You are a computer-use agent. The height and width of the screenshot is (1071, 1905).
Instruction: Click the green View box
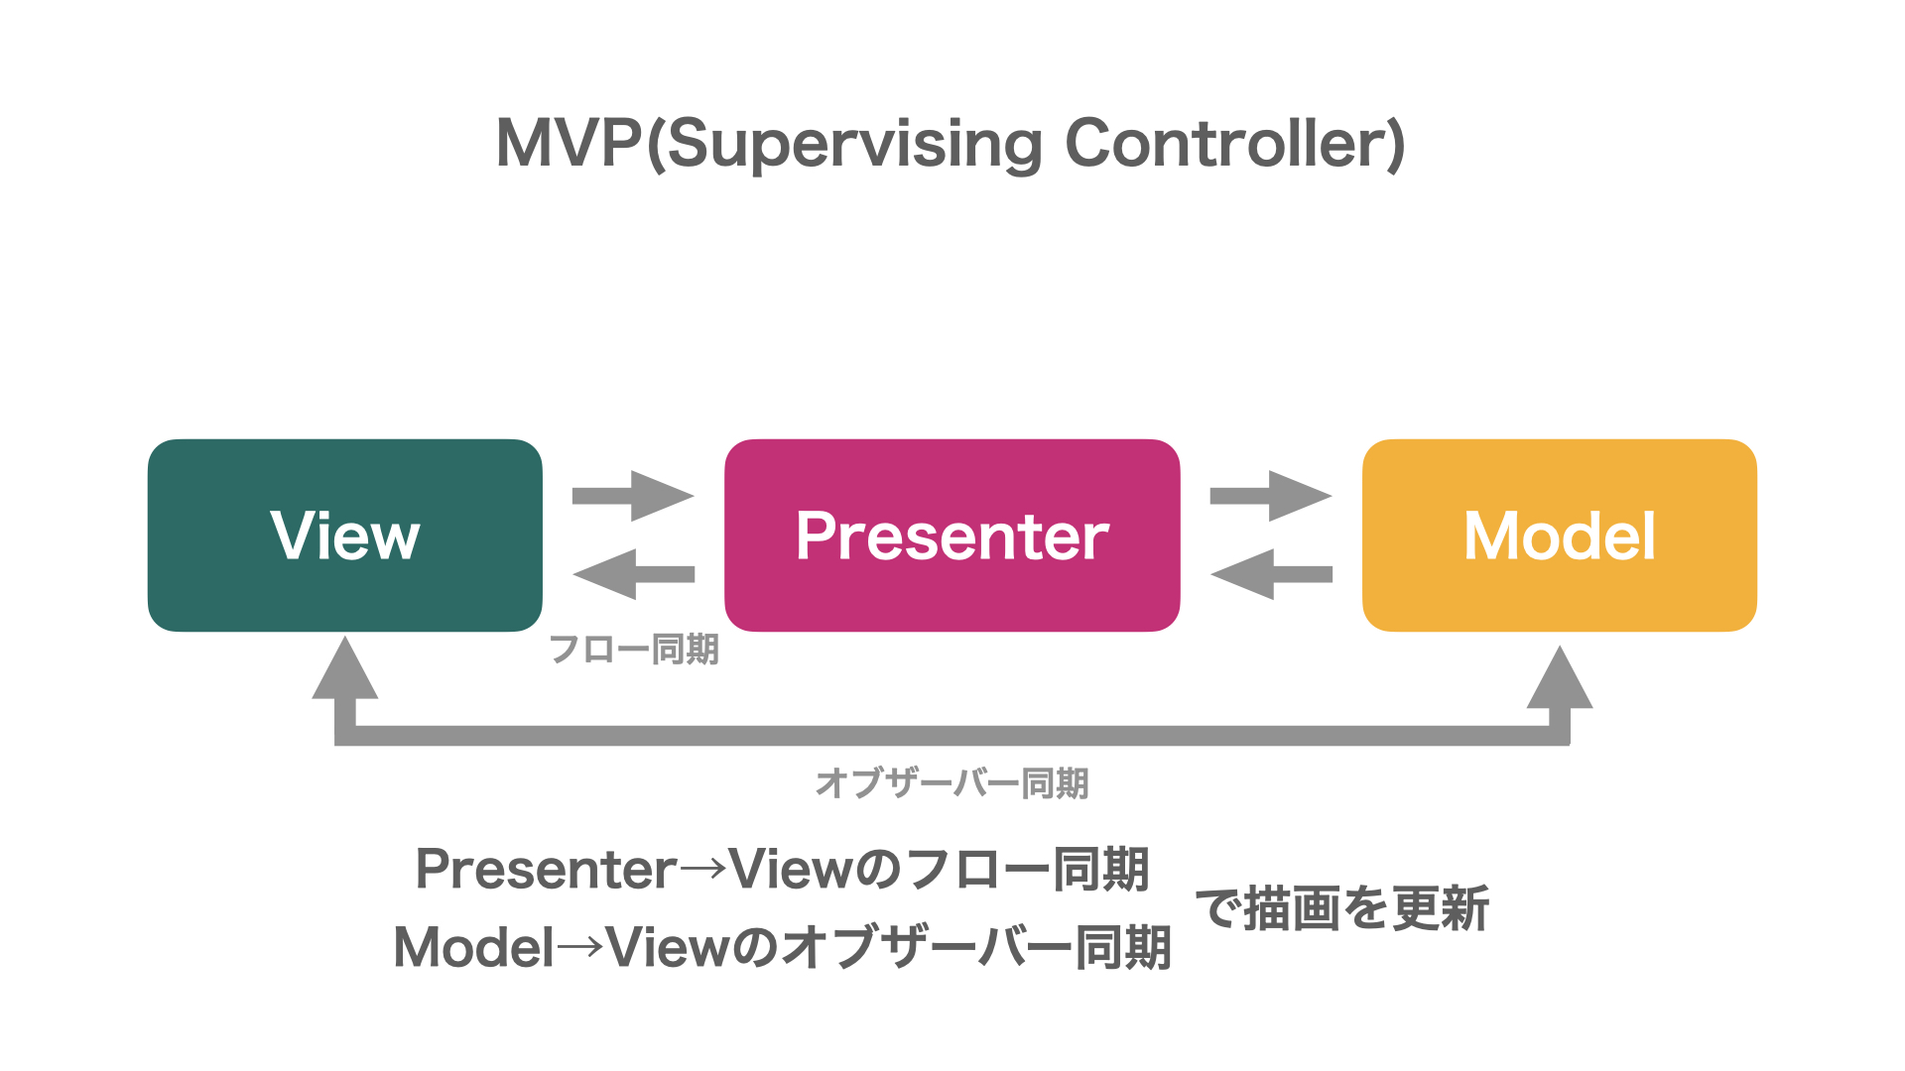click(x=345, y=535)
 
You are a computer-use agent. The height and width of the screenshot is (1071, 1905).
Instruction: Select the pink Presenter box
click(x=952, y=535)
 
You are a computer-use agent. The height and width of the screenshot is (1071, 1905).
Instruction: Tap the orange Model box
click(x=1560, y=535)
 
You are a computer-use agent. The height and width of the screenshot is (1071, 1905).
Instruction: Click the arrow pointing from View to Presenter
click(x=633, y=496)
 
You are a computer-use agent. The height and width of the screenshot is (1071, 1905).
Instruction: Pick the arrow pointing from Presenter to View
click(x=633, y=574)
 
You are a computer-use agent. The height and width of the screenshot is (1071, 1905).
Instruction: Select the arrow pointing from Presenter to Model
click(x=1271, y=496)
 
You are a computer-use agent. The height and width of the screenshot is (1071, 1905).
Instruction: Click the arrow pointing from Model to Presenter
click(x=1271, y=574)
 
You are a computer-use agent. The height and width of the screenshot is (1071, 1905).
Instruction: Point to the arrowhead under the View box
click(x=345, y=668)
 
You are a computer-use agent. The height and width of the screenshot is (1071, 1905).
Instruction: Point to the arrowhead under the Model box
click(x=1560, y=677)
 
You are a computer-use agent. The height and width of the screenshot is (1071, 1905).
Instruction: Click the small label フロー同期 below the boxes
click(x=634, y=650)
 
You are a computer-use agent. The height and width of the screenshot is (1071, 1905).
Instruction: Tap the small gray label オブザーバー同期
click(x=952, y=783)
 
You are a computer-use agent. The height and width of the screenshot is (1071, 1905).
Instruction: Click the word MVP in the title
click(x=570, y=144)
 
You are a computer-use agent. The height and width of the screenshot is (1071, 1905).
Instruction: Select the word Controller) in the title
click(x=1235, y=145)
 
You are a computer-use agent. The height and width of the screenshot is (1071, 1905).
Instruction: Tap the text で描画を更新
click(x=1342, y=908)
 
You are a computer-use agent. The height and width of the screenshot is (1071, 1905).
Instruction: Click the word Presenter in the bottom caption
click(x=547, y=870)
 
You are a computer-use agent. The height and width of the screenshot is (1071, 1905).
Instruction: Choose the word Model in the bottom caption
click(x=474, y=947)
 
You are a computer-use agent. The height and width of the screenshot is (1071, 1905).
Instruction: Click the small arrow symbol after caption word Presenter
click(x=703, y=870)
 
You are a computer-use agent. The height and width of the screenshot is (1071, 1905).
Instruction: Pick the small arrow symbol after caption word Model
click(x=580, y=947)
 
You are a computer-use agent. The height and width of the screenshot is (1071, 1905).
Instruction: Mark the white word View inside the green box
click(x=345, y=535)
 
